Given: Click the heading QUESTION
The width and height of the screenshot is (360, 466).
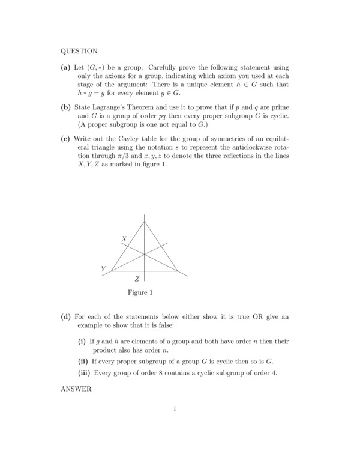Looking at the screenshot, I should pyautogui.click(x=79, y=51).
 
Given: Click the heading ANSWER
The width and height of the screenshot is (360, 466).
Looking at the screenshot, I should pyautogui.click(x=76, y=389).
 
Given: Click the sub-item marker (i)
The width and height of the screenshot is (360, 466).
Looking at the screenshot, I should pyautogui.click(x=82, y=341).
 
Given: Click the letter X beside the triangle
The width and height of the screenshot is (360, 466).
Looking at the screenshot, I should pyautogui.click(x=124, y=239).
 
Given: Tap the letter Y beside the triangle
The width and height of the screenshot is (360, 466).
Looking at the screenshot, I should pyautogui.click(x=103, y=269).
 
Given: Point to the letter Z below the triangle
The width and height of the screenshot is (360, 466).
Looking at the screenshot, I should pyautogui.click(x=137, y=279).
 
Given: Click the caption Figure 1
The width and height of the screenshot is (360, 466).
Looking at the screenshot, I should pyautogui.click(x=140, y=293).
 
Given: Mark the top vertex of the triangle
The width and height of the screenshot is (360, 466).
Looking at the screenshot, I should pyautogui.click(x=145, y=221).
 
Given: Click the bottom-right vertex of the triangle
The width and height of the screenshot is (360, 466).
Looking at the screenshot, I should pyautogui.click(x=178, y=271).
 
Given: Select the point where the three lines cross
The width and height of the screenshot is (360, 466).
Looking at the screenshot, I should pyautogui.click(x=145, y=254).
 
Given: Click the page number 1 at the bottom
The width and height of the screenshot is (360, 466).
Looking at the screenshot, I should pyautogui.click(x=175, y=410).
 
